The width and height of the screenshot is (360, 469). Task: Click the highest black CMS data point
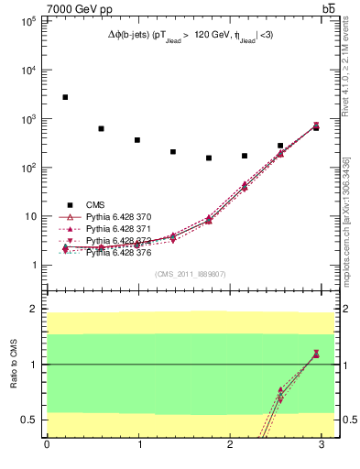(x=65, y=97)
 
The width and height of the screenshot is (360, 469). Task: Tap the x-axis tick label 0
(x=47, y=444)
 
